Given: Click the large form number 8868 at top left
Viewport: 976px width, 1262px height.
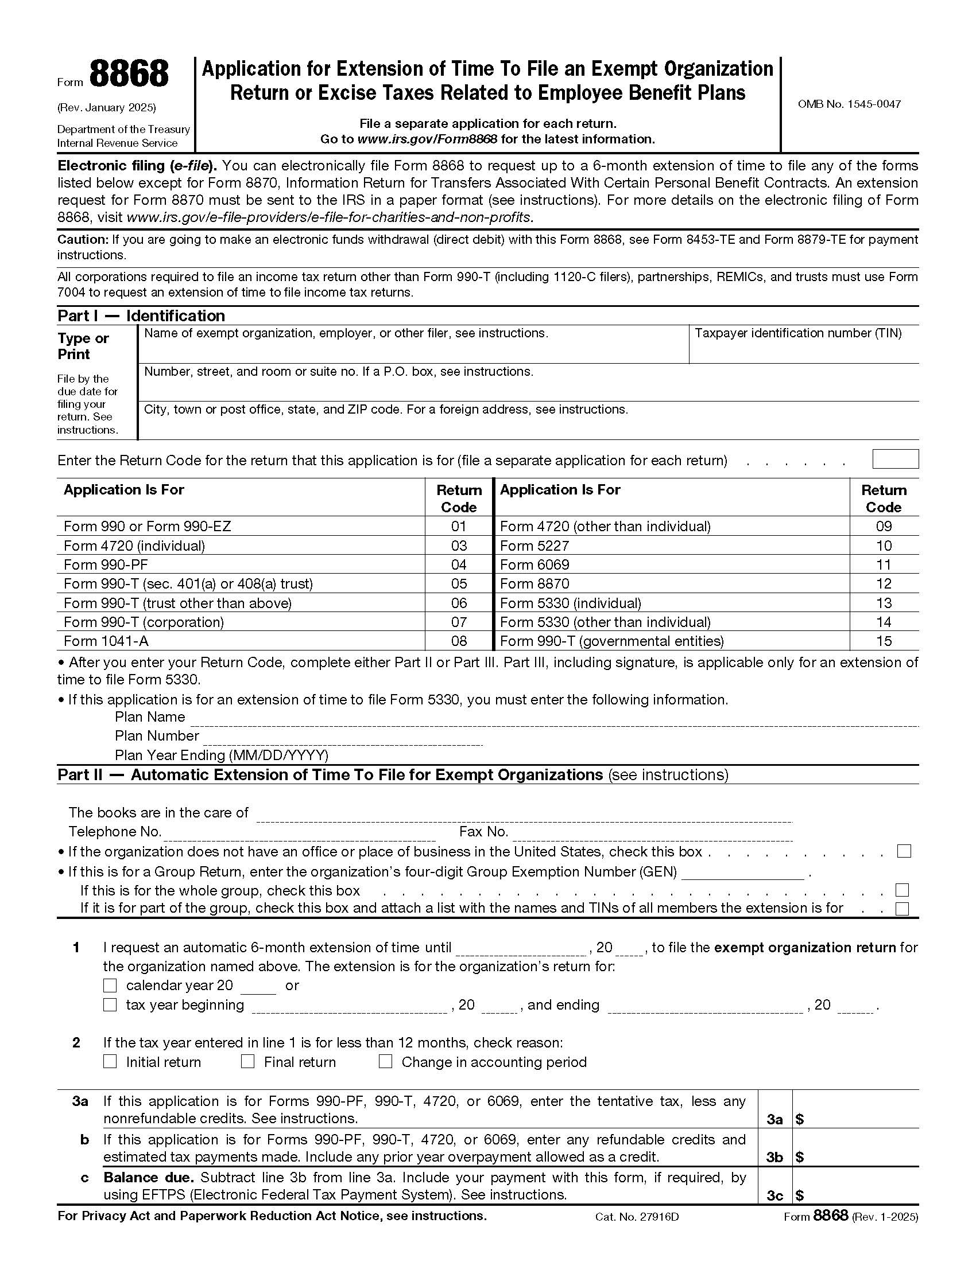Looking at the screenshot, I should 129,75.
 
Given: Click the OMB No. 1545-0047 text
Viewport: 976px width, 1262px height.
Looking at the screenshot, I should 849,104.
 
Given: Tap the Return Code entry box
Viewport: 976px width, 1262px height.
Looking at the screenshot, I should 894,459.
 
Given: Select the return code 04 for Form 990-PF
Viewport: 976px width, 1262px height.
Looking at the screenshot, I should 459,564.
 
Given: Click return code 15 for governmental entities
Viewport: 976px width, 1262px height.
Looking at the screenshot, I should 884,641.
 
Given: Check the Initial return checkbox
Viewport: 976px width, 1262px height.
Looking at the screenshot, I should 110,1061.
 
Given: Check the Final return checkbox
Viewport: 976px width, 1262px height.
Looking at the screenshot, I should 247,1061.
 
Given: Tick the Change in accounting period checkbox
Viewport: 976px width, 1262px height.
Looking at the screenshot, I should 386,1061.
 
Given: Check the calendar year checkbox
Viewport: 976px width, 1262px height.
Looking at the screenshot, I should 110,985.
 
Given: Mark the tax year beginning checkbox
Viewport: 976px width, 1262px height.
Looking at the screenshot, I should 110,1005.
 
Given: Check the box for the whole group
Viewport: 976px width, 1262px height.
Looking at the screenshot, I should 902,890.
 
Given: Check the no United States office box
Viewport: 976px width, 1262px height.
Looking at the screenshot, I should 904,851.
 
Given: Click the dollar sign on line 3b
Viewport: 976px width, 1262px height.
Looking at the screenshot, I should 800,1157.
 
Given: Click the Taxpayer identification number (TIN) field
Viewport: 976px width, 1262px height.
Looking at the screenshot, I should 803,350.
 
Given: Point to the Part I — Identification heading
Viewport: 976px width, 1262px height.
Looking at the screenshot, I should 141,316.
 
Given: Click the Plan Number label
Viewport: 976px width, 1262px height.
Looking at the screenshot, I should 157,735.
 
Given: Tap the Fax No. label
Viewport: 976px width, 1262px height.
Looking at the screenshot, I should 483,832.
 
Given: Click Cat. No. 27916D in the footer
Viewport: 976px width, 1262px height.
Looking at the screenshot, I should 637,1216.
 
